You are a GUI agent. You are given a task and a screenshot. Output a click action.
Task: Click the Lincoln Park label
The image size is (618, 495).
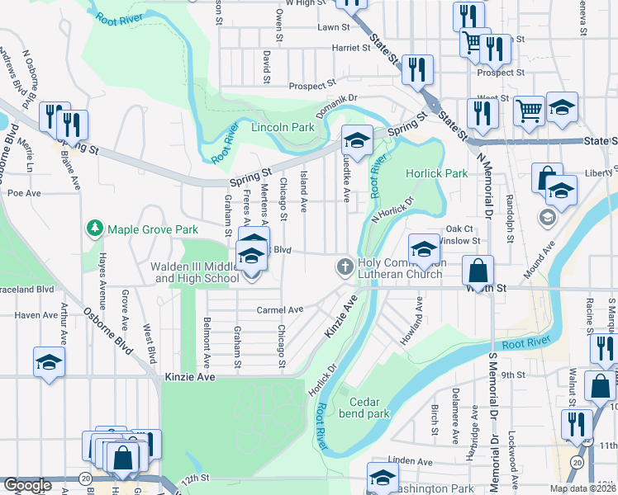coord(283,127)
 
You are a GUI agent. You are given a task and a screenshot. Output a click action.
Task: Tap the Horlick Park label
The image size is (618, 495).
coord(436,173)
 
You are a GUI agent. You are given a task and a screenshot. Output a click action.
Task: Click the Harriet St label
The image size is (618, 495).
coord(350,48)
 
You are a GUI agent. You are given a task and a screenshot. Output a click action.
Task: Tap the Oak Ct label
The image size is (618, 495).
coord(459,229)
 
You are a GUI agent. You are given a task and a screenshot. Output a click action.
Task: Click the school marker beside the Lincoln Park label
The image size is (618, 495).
coord(357,141)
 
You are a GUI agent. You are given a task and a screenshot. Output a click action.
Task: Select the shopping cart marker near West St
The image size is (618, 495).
coord(529,111)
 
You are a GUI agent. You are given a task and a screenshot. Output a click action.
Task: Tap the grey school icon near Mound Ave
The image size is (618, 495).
coord(545,218)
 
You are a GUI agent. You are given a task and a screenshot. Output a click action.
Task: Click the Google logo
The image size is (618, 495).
coord(27,485)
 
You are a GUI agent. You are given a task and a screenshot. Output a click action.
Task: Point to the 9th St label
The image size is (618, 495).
coord(535,375)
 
